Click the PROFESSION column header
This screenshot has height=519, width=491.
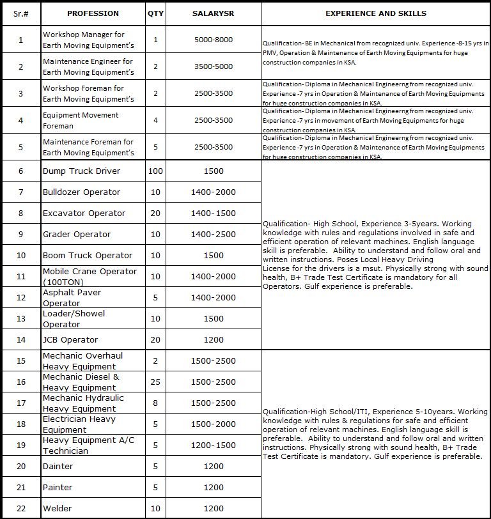pyautogui.click(x=93, y=13)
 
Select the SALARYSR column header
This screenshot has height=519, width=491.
pyautogui.click(x=213, y=13)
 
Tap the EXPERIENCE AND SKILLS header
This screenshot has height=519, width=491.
pyautogui.click(x=376, y=13)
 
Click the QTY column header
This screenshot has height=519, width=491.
pyautogui.click(x=155, y=13)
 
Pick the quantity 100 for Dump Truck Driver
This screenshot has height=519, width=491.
pyautogui.click(x=155, y=171)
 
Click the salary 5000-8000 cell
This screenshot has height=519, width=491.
pyautogui.click(x=213, y=40)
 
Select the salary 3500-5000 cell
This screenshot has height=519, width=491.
pyautogui.click(x=213, y=66)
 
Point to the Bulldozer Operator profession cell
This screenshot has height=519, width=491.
pyautogui.click(x=81, y=192)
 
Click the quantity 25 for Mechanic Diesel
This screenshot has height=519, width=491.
pyautogui.click(x=155, y=382)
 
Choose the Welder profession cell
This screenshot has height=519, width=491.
pyautogui.click(x=57, y=509)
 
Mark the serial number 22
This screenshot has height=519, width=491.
pyautogui.click(x=21, y=509)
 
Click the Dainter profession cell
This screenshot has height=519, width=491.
pyautogui.click(x=58, y=467)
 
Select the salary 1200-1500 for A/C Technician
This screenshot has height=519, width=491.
pyautogui.click(x=213, y=445)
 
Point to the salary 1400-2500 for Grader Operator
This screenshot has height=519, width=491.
pyautogui.click(x=213, y=235)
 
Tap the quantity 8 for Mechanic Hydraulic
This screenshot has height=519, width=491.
pyautogui.click(x=155, y=403)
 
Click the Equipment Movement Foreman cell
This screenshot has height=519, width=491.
pyautogui.click(x=81, y=120)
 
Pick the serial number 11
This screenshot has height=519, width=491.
pyautogui.click(x=21, y=277)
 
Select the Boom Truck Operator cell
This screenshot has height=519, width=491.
pyautogui.click(x=87, y=256)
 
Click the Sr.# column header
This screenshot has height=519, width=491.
pyautogui.click(x=21, y=13)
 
